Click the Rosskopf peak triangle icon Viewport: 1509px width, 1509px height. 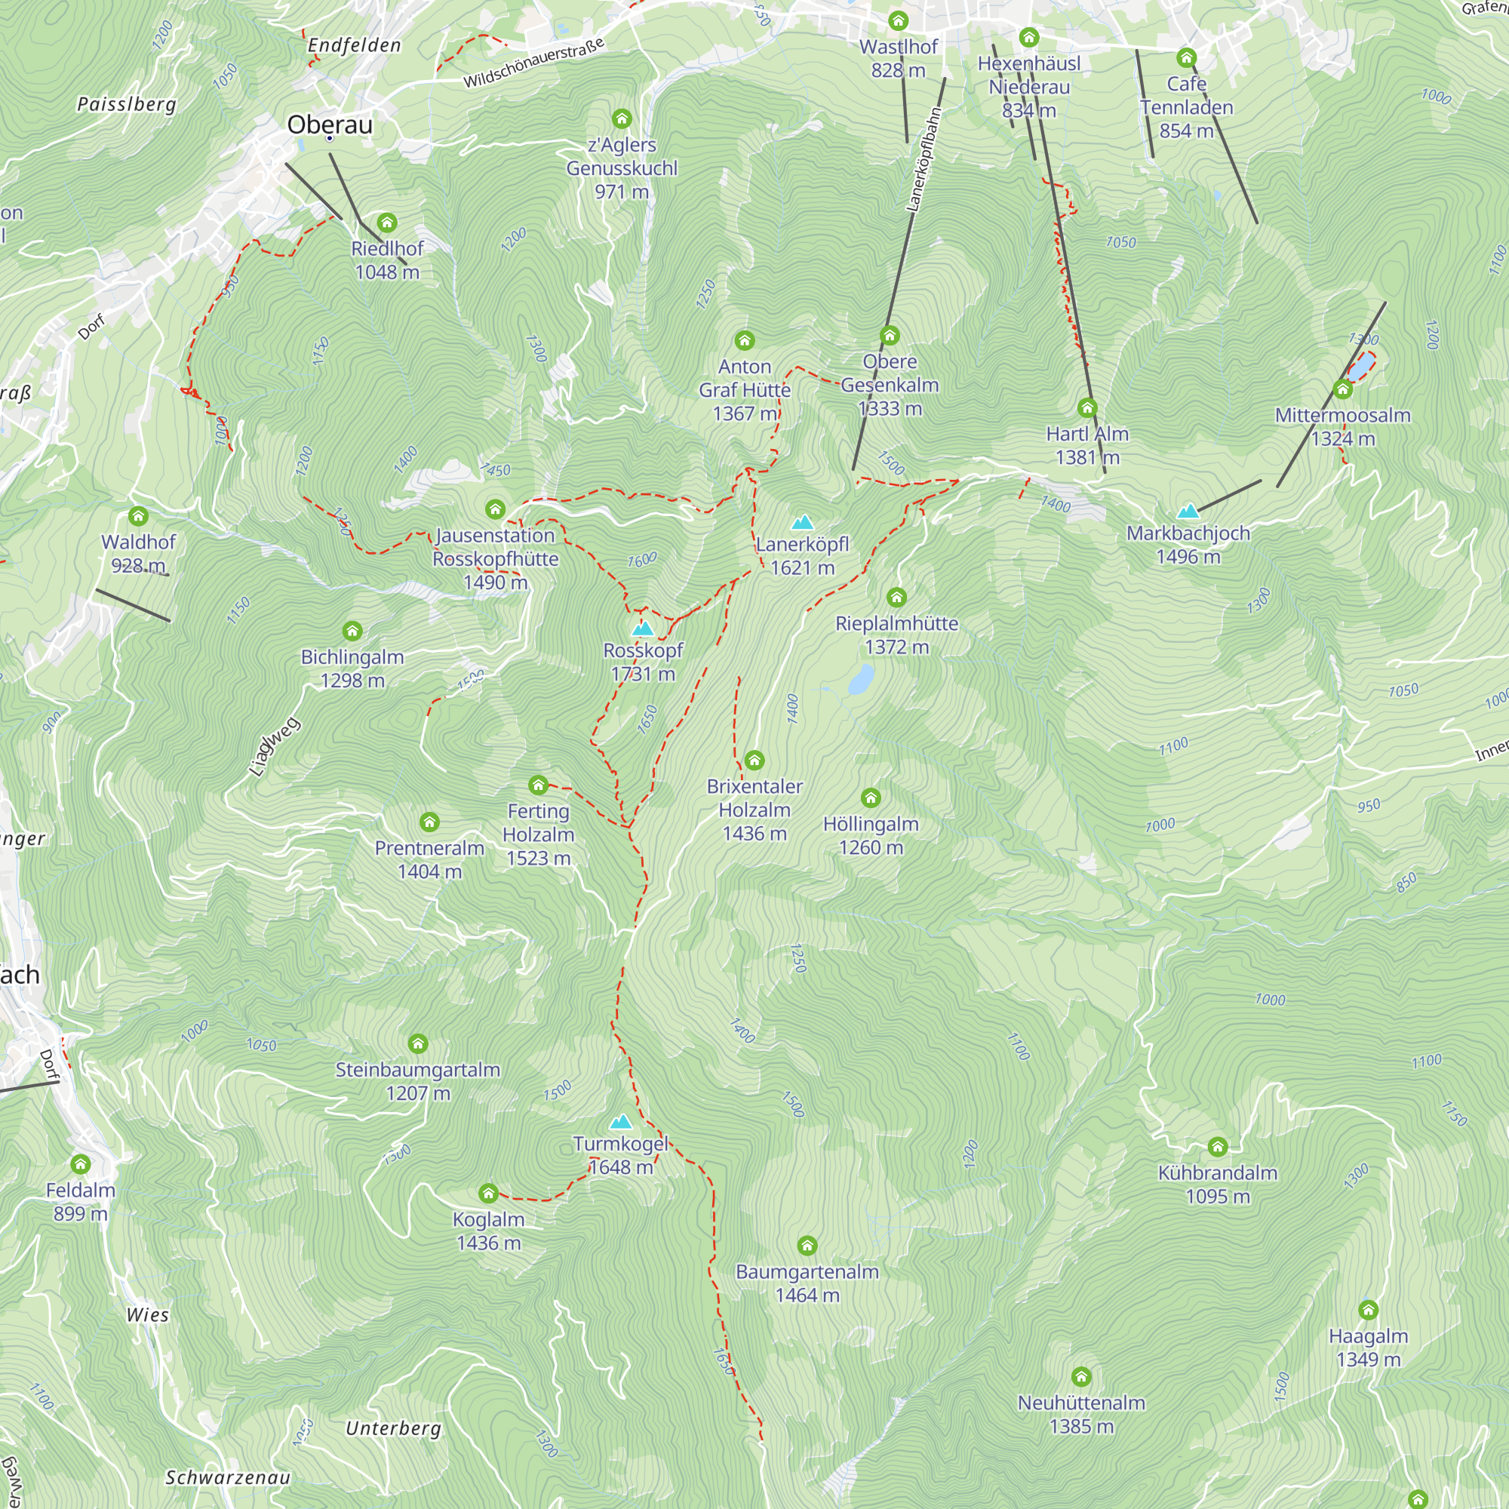pos(642,628)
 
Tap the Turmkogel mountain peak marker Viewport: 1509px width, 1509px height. pos(621,1123)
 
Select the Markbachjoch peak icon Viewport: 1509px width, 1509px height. pos(1188,512)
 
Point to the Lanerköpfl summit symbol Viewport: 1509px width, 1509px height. pos(802,523)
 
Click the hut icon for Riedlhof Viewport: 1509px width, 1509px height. pos(386,223)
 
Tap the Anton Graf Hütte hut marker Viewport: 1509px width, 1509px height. pos(745,340)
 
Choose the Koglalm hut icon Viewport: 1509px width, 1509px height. pos(488,1194)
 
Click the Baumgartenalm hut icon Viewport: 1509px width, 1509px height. pos(807,1246)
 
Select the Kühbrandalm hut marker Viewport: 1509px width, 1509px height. pos(1218,1148)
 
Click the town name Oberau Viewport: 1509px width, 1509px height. pos(330,125)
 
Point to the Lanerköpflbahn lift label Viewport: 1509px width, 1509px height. pos(924,159)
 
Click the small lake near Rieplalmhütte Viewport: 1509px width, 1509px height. pos(861,680)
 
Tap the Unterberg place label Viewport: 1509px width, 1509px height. pos(394,1428)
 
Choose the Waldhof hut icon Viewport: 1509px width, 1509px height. pos(138,516)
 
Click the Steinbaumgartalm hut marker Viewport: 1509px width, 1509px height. pos(418,1044)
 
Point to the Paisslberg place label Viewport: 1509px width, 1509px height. pos(127,105)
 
